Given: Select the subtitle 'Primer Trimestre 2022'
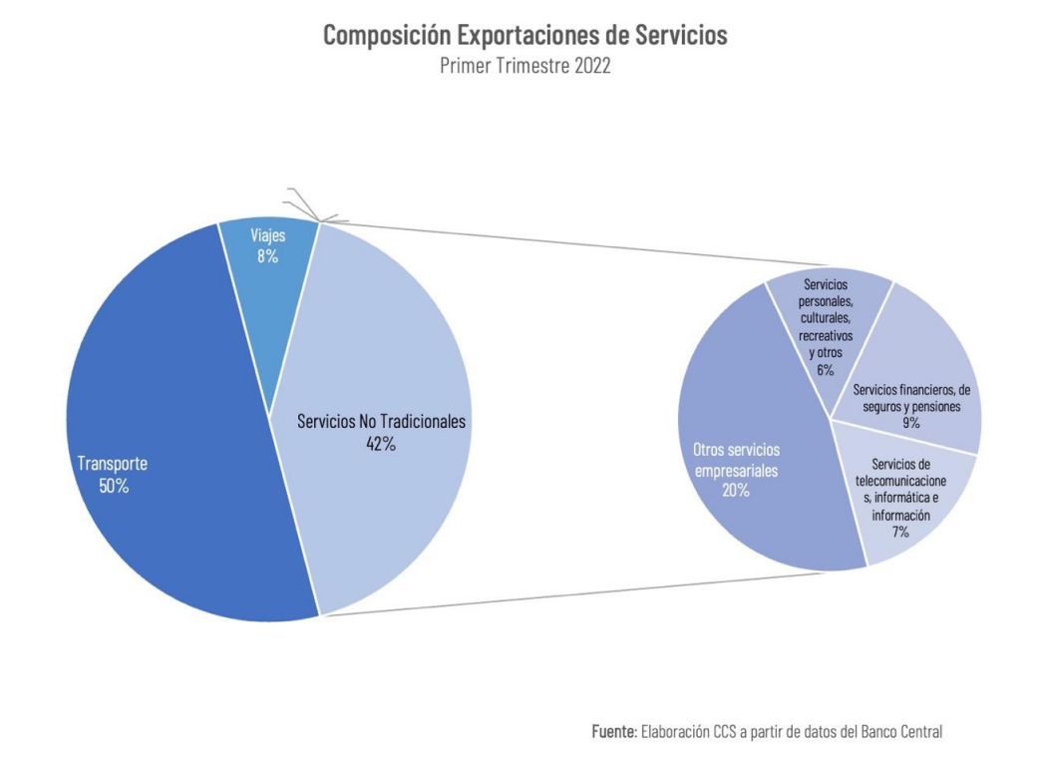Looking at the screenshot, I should [x=525, y=65].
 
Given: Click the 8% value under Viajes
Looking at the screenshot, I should [x=266, y=256].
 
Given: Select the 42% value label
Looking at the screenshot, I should [x=381, y=444].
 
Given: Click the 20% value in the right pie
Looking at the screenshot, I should [x=736, y=491].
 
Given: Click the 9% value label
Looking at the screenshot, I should [x=910, y=423].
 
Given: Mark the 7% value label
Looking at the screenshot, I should [x=900, y=533].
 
